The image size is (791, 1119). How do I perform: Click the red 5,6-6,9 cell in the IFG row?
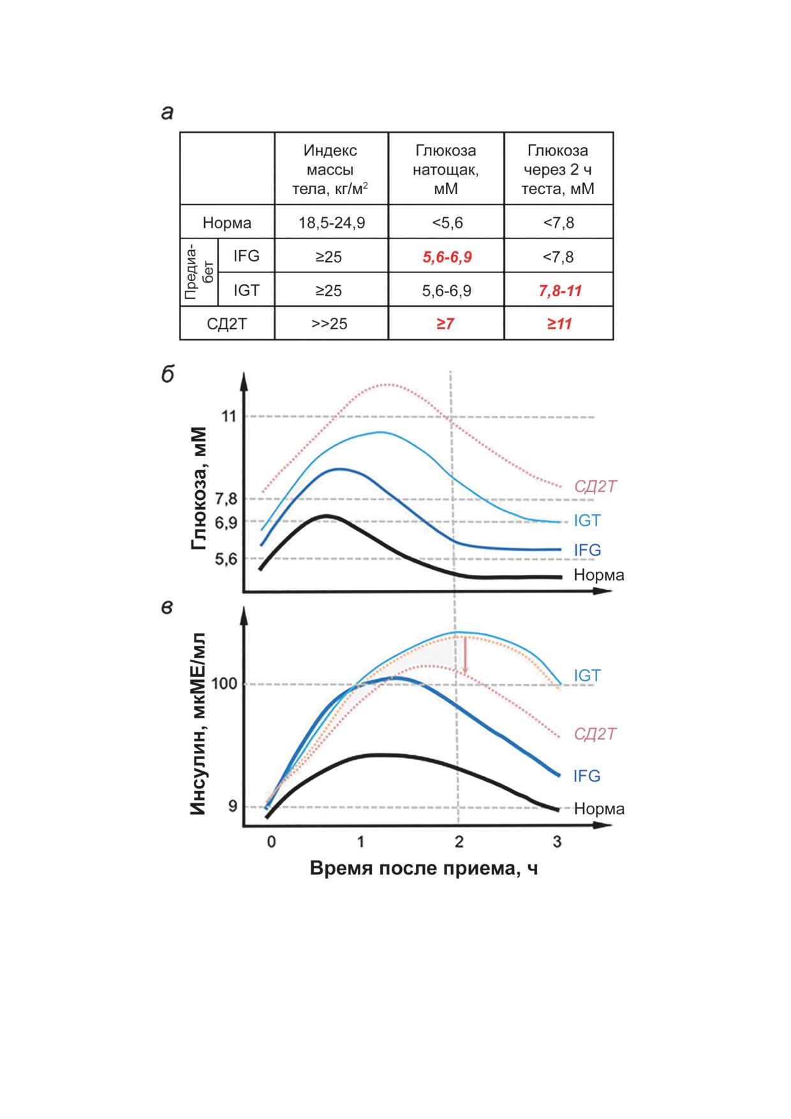[447, 257]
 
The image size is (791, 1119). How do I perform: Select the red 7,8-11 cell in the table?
[560, 291]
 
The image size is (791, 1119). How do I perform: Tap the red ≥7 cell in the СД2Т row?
[445, 324]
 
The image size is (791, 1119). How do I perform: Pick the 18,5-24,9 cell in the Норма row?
[332, 223]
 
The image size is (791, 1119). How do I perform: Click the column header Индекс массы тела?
[330, 170]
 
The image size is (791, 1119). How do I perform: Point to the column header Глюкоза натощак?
[446, 170]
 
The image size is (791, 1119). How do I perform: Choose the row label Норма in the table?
[227, 223]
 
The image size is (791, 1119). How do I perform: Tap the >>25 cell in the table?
[329, 324]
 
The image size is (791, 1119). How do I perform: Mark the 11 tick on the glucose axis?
[228, 417]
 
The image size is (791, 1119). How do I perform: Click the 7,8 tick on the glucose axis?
[226, 499]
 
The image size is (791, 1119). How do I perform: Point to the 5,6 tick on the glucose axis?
[226, 559]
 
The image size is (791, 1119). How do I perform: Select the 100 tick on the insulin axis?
[224, 684]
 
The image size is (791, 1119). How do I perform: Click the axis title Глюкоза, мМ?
[199, 489]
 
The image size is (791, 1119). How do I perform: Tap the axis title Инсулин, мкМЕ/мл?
[198, 724]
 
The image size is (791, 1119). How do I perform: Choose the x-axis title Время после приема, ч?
[424, 868]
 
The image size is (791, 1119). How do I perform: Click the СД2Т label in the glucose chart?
[595, 487]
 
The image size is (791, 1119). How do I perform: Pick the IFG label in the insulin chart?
[587, 776]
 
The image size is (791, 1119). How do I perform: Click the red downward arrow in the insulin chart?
[466, 655]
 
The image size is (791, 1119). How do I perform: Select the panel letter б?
[168, 374]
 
